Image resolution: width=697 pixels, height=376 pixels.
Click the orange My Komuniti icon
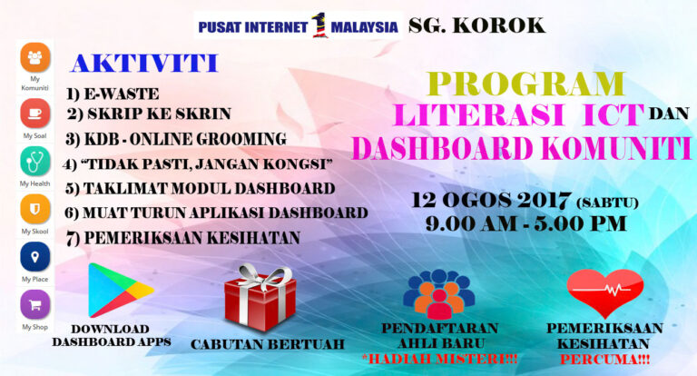pyautogui.click(x=35, y=57)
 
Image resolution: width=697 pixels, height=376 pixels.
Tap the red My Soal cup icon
pyautogui.click(x=35, y=114)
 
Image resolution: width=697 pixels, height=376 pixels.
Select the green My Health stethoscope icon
pyautogui.click(x=35, y=161)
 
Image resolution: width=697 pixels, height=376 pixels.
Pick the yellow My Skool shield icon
pyautogui.click(x=35, y=209)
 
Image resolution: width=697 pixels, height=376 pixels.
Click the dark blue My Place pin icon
pyautogui.click(x=35, y=257)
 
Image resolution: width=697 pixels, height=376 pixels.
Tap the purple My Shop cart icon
pyautogui.click(x=35, y=305)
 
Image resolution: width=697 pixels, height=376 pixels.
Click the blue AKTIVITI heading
pyautogui.click(x=144, y=64)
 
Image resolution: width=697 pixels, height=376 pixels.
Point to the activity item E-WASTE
pyautogui.click(x=121, y=94)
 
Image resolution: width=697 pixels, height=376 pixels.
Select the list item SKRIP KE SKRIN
pyautogui.click(x=159, y=114)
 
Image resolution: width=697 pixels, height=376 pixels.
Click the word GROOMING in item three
pyautogui.click(x=241, y=139)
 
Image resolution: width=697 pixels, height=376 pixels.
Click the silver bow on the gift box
pyautogui.click(x=263, y=275)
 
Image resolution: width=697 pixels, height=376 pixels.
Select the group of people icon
pyautogui.click(x=438, y=293)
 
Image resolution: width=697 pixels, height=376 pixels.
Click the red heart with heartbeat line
pyautogui.click(x=605, y=292)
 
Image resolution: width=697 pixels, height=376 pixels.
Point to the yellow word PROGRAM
pyautogui.click(x=526, y=84)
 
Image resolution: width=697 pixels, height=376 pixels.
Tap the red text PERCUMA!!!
pyautogui.click(x=604, y=360)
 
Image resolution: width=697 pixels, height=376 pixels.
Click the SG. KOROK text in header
pyautogui.click(x=477, y=25)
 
